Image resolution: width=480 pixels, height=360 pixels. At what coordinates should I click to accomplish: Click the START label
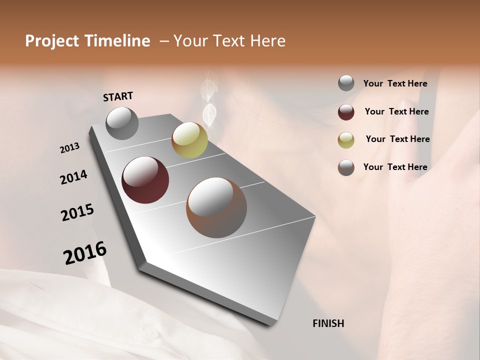[118, 96]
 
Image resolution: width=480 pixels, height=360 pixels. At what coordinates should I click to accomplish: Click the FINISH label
[328, 323]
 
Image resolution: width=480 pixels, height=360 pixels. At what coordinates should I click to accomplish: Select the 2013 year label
[70, 148]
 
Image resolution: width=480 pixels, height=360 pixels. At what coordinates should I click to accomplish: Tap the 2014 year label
[73, 177]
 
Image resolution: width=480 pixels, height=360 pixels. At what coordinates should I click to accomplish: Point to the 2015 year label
[77, 212]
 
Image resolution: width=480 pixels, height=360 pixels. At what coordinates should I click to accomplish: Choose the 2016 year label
[85, 253]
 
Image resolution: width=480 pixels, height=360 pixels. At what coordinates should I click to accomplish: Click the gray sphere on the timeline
[122, 123]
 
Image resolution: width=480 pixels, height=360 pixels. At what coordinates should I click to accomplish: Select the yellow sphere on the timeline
[189, 140]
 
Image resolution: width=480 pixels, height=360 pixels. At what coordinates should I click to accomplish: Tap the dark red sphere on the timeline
[145, 180]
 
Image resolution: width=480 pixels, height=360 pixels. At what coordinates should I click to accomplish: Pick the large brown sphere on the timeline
[216, 207]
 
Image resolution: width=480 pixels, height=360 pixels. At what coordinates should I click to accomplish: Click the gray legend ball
[346, 83]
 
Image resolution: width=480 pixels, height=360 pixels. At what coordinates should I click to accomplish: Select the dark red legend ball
[346, 112]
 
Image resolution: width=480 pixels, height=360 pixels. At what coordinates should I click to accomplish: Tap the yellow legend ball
[346, 140]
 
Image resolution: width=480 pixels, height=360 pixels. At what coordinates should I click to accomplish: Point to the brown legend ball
[346, 167]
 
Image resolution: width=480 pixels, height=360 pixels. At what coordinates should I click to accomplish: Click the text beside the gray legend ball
[395, 83]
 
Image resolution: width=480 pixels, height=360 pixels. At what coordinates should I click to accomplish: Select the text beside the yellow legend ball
[397, 139]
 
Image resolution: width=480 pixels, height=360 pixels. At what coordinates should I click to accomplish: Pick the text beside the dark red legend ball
[396, 111]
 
